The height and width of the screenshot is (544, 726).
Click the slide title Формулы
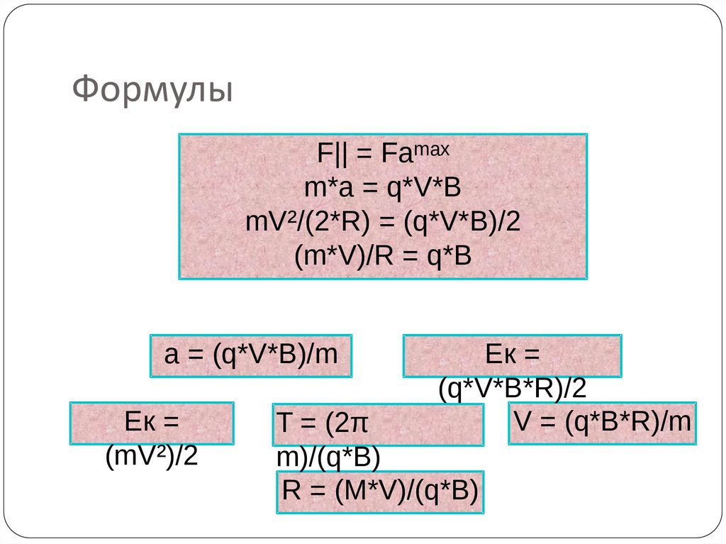tap(152, 90)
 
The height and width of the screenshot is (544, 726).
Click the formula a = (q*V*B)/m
tap(251, 355)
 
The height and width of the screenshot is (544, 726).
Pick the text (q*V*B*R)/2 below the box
tap(512, 388)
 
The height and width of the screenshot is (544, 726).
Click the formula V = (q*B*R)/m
tap(602, 422)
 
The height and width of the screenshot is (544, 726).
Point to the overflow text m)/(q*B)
tap(328, 457)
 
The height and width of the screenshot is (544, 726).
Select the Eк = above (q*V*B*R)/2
tap(512, 354)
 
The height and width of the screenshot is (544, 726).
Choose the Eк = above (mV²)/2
tap(151, 422)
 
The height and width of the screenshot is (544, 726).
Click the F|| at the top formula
tap(333, 154)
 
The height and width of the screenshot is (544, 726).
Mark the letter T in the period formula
tap(284, 426)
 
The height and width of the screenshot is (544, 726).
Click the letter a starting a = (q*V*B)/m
tap(170, 355)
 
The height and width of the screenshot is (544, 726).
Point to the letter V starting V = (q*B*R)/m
tap(523, 422)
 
